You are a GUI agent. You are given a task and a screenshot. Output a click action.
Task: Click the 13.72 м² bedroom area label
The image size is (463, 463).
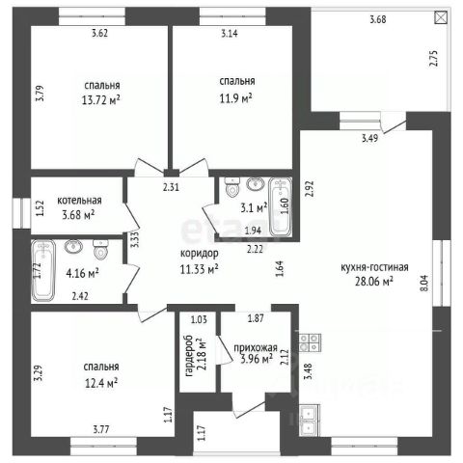click(101, 100)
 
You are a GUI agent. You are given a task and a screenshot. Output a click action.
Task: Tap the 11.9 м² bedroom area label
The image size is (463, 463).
click(235, 98)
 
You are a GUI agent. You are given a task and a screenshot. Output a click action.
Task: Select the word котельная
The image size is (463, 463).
click(79, 201)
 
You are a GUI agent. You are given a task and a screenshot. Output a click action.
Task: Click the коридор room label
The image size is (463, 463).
click(200, 253)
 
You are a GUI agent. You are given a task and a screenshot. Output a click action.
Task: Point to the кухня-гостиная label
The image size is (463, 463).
click(374, 267)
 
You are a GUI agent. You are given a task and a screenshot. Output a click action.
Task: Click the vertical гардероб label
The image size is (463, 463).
click(189, 356)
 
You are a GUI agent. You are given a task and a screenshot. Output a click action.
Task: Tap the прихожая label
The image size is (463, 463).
click(256, 348)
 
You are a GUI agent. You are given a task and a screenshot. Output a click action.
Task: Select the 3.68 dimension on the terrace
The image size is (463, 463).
click(378, 19)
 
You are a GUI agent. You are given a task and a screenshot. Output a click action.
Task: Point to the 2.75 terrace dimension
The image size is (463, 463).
click(434, 58)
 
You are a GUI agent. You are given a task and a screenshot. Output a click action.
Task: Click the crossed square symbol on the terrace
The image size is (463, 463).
click(441, 17)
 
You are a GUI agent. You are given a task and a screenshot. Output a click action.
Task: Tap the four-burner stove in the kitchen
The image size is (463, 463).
click(310, 342)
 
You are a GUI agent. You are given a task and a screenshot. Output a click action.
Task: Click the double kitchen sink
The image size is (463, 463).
click(310, 420)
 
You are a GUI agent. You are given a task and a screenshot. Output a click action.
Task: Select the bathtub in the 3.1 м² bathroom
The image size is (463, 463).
click(281, 207)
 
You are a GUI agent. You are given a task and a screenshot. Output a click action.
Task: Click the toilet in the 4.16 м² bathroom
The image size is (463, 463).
click(99, 249)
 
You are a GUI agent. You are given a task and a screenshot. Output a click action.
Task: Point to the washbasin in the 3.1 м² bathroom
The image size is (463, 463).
click(256, 184)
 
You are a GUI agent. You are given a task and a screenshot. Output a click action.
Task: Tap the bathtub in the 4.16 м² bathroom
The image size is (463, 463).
click(43, 270)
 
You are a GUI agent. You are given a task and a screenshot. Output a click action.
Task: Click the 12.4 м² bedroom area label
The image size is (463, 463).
click(101, 383)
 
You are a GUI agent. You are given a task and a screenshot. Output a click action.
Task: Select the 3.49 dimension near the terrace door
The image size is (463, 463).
click(370, 139)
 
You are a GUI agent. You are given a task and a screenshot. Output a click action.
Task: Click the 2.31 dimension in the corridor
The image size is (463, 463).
click(171, 187)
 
